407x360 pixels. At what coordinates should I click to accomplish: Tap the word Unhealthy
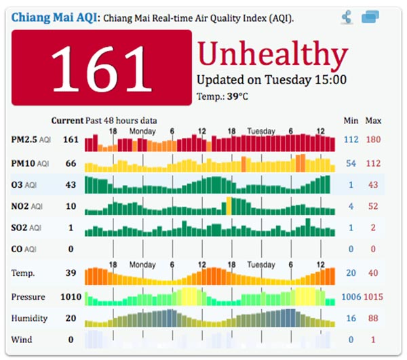(273, 53)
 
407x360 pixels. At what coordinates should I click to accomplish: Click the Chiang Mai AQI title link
(54, 16)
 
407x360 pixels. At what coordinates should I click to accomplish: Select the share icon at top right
(347, 17)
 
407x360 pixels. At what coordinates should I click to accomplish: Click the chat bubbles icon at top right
(370, 17)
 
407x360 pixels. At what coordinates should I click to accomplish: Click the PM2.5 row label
(26, 140)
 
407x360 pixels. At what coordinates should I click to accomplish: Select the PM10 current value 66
(71, 163)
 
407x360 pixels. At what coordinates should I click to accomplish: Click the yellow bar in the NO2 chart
(229, 206)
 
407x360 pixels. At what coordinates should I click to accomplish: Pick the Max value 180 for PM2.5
(373, 140)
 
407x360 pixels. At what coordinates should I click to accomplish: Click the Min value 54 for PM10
(351, 163)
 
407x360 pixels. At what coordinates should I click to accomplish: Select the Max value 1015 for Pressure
(373, 297)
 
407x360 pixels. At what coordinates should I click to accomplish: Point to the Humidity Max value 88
(373, 318)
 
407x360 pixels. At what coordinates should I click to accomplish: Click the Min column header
(351, 121)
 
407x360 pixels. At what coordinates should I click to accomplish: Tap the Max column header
(373, 121)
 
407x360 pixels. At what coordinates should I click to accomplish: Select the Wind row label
(21, 339)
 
